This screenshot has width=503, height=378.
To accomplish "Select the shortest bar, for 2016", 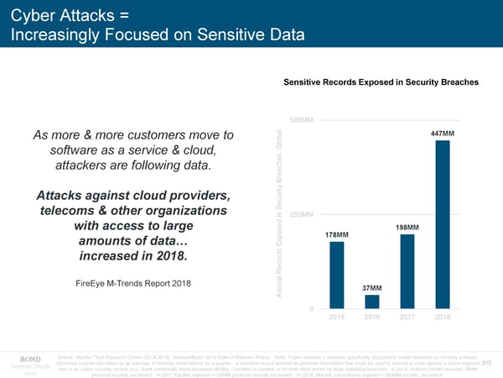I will click(372, 302).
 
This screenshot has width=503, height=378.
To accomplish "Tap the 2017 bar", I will click(407, 271).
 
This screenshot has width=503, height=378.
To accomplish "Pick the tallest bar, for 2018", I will click(443, 224).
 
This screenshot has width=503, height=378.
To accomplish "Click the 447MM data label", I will click(442, 134).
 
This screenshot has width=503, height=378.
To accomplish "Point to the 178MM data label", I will click(336, 234).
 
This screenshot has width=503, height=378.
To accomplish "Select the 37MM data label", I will click(372, 288).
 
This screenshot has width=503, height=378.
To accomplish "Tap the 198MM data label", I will click(407, 228).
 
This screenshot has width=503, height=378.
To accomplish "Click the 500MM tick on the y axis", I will click(301, 120).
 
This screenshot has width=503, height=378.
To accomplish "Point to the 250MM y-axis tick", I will click(301, 214).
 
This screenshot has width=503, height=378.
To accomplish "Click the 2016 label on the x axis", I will click(372, 318).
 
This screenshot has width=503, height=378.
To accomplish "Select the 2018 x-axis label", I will click(443, 318).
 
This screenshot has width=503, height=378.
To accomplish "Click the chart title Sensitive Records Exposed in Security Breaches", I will click(381, 82).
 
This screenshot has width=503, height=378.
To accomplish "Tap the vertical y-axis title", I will click(277, 214).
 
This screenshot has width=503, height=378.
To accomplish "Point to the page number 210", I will click(487, 363).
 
